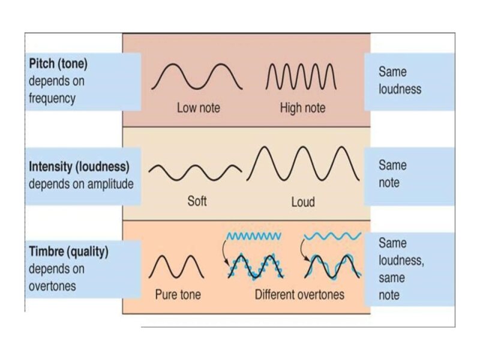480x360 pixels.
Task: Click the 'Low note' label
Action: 198,109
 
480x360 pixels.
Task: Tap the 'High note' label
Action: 302,109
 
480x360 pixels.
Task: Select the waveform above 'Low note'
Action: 197,77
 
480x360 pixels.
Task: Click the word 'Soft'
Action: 197,202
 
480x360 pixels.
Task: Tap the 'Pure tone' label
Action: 178,295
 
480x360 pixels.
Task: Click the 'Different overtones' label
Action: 299,295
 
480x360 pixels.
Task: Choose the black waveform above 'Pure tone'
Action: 176,266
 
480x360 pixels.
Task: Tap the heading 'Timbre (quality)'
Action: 68,252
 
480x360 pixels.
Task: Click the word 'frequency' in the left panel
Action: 52,98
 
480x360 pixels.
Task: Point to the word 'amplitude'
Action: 106,184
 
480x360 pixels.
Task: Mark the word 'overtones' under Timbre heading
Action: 52,286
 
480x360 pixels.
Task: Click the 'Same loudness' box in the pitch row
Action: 400,80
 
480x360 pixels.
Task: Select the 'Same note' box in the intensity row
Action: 392,173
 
